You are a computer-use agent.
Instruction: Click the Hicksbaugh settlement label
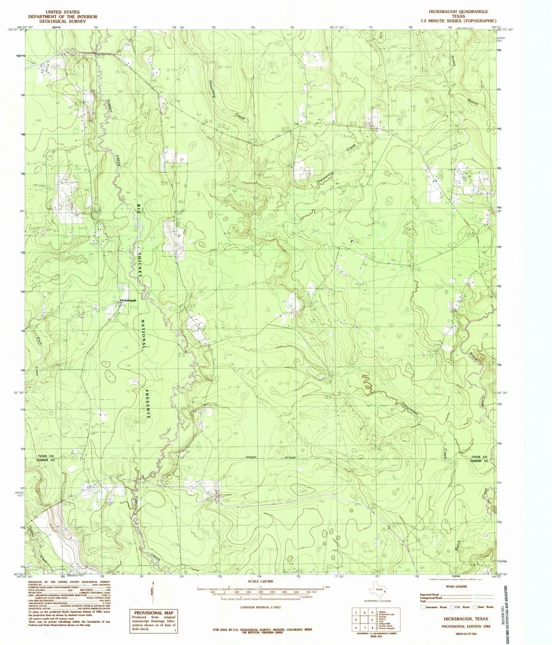128,300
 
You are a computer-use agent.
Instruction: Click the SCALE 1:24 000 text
260,581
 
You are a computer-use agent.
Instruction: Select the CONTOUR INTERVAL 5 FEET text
260,607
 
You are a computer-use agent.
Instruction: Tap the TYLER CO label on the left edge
46,456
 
